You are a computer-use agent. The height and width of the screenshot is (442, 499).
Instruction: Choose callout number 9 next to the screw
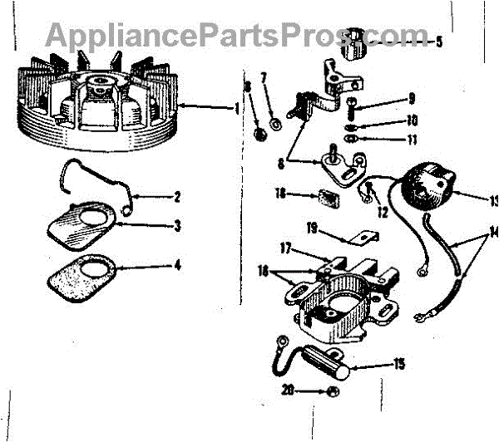click(x=411, y=99)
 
